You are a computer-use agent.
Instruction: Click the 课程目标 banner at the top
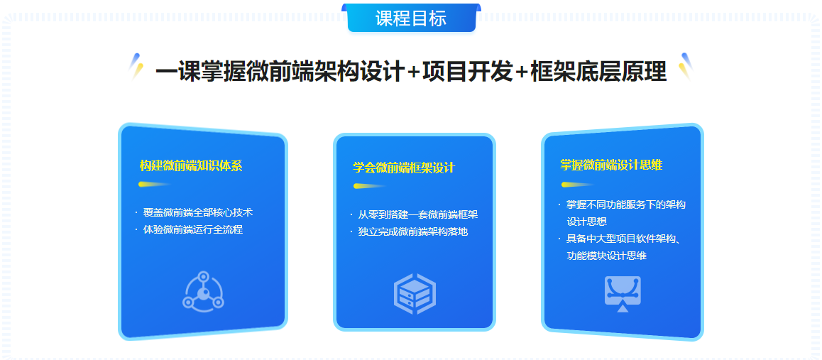pos(411,18)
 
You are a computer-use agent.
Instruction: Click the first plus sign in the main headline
pos(413,72)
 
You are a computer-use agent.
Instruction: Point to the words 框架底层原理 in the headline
pos(598,72)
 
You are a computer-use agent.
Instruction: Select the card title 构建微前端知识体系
pos(191,166)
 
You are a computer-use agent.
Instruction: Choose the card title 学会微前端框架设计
pos(404,168)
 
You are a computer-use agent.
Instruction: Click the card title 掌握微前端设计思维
pos(611,165)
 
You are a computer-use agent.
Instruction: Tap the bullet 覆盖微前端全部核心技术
pos(198,212)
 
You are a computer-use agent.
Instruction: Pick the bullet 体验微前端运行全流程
pos(193,229)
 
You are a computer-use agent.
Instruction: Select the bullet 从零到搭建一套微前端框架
pos(417,214)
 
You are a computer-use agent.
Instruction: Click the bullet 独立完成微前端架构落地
pos(413,231)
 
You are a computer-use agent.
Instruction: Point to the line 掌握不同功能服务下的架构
pos(626,205)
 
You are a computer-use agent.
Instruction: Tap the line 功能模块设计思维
pos(606,256)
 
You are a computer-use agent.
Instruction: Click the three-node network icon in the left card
pos(204,291)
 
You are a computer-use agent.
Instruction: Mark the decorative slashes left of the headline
pos(137,66)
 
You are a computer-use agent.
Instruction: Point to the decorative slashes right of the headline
pos(685,66)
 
